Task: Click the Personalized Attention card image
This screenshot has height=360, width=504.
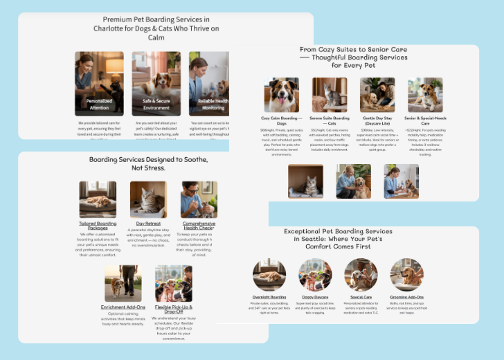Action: pyautogui.click(x=99, y=82)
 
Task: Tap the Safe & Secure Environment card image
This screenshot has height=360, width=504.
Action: pyautogui.click(x=156, y=82)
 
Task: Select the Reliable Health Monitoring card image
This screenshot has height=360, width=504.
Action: pyautogui.click(x=210, y=82)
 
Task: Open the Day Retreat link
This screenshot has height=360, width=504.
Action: pyautogui.click(x=149, y=224)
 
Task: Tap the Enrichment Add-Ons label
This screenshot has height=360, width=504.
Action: pyautogui.click(x=123, y=307)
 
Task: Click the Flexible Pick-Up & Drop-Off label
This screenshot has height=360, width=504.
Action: pyautogui.click(x=174, y=309)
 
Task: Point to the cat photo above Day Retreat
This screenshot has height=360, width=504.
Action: pyautogui.click(x=149, y=199)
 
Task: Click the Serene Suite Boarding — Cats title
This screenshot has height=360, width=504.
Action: pyautogui.click(x=330, y=121)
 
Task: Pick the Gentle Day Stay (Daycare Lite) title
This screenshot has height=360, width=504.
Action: pyautogui.click(x=377, y=121)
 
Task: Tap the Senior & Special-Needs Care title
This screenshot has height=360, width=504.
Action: pyautogui.click(x=425, y=121)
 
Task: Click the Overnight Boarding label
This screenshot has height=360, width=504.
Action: pyautogui.click(x=269, y=296)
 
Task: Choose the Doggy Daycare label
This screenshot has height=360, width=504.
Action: pyautogui.click(x=316, y=296)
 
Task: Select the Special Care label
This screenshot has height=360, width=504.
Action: pyautogui.click(x=361, y=296)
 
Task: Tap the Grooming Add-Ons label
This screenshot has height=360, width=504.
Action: pyautogui.click(x=407, y=296)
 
